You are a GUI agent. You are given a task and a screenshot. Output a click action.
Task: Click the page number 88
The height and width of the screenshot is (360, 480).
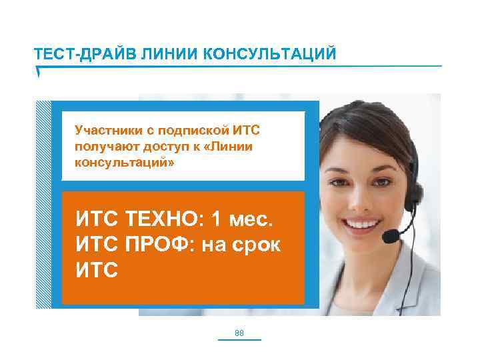click(240, 332)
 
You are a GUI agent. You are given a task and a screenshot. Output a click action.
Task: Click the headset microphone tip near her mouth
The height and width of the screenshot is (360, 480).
click(389, 235)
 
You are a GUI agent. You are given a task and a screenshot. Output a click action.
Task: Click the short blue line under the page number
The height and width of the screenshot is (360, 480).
click(240, 340)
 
